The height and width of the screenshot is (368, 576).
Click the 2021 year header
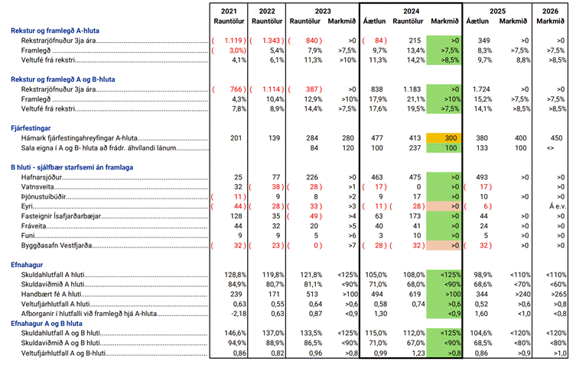(229, 11)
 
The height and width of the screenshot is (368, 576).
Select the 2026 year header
(550, 11)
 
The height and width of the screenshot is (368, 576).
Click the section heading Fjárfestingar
(31, 128)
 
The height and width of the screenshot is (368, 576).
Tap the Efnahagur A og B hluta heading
(47, 324)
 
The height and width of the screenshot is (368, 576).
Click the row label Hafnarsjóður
(41, 177)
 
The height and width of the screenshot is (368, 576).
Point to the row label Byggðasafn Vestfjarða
(56, 246)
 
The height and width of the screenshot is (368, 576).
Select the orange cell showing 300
(444, 138)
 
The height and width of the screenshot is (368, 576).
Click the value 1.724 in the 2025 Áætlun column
(482, 89)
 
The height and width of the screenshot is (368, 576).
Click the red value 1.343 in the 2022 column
(271, 40)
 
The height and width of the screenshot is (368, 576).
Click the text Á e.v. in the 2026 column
(558, 206)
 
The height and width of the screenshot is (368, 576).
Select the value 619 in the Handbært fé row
(415, 295)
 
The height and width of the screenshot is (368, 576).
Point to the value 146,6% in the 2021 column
(236, 333)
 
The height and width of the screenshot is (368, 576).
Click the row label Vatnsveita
(37, 187)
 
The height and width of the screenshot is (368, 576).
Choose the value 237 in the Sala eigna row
(415, 148)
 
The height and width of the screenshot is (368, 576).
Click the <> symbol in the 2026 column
(550, 148)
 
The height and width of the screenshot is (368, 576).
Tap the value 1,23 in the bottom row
(418, 353)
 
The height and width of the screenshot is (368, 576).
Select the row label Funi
(28, 236)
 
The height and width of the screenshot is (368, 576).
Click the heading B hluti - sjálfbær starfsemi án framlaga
(72, 167)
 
